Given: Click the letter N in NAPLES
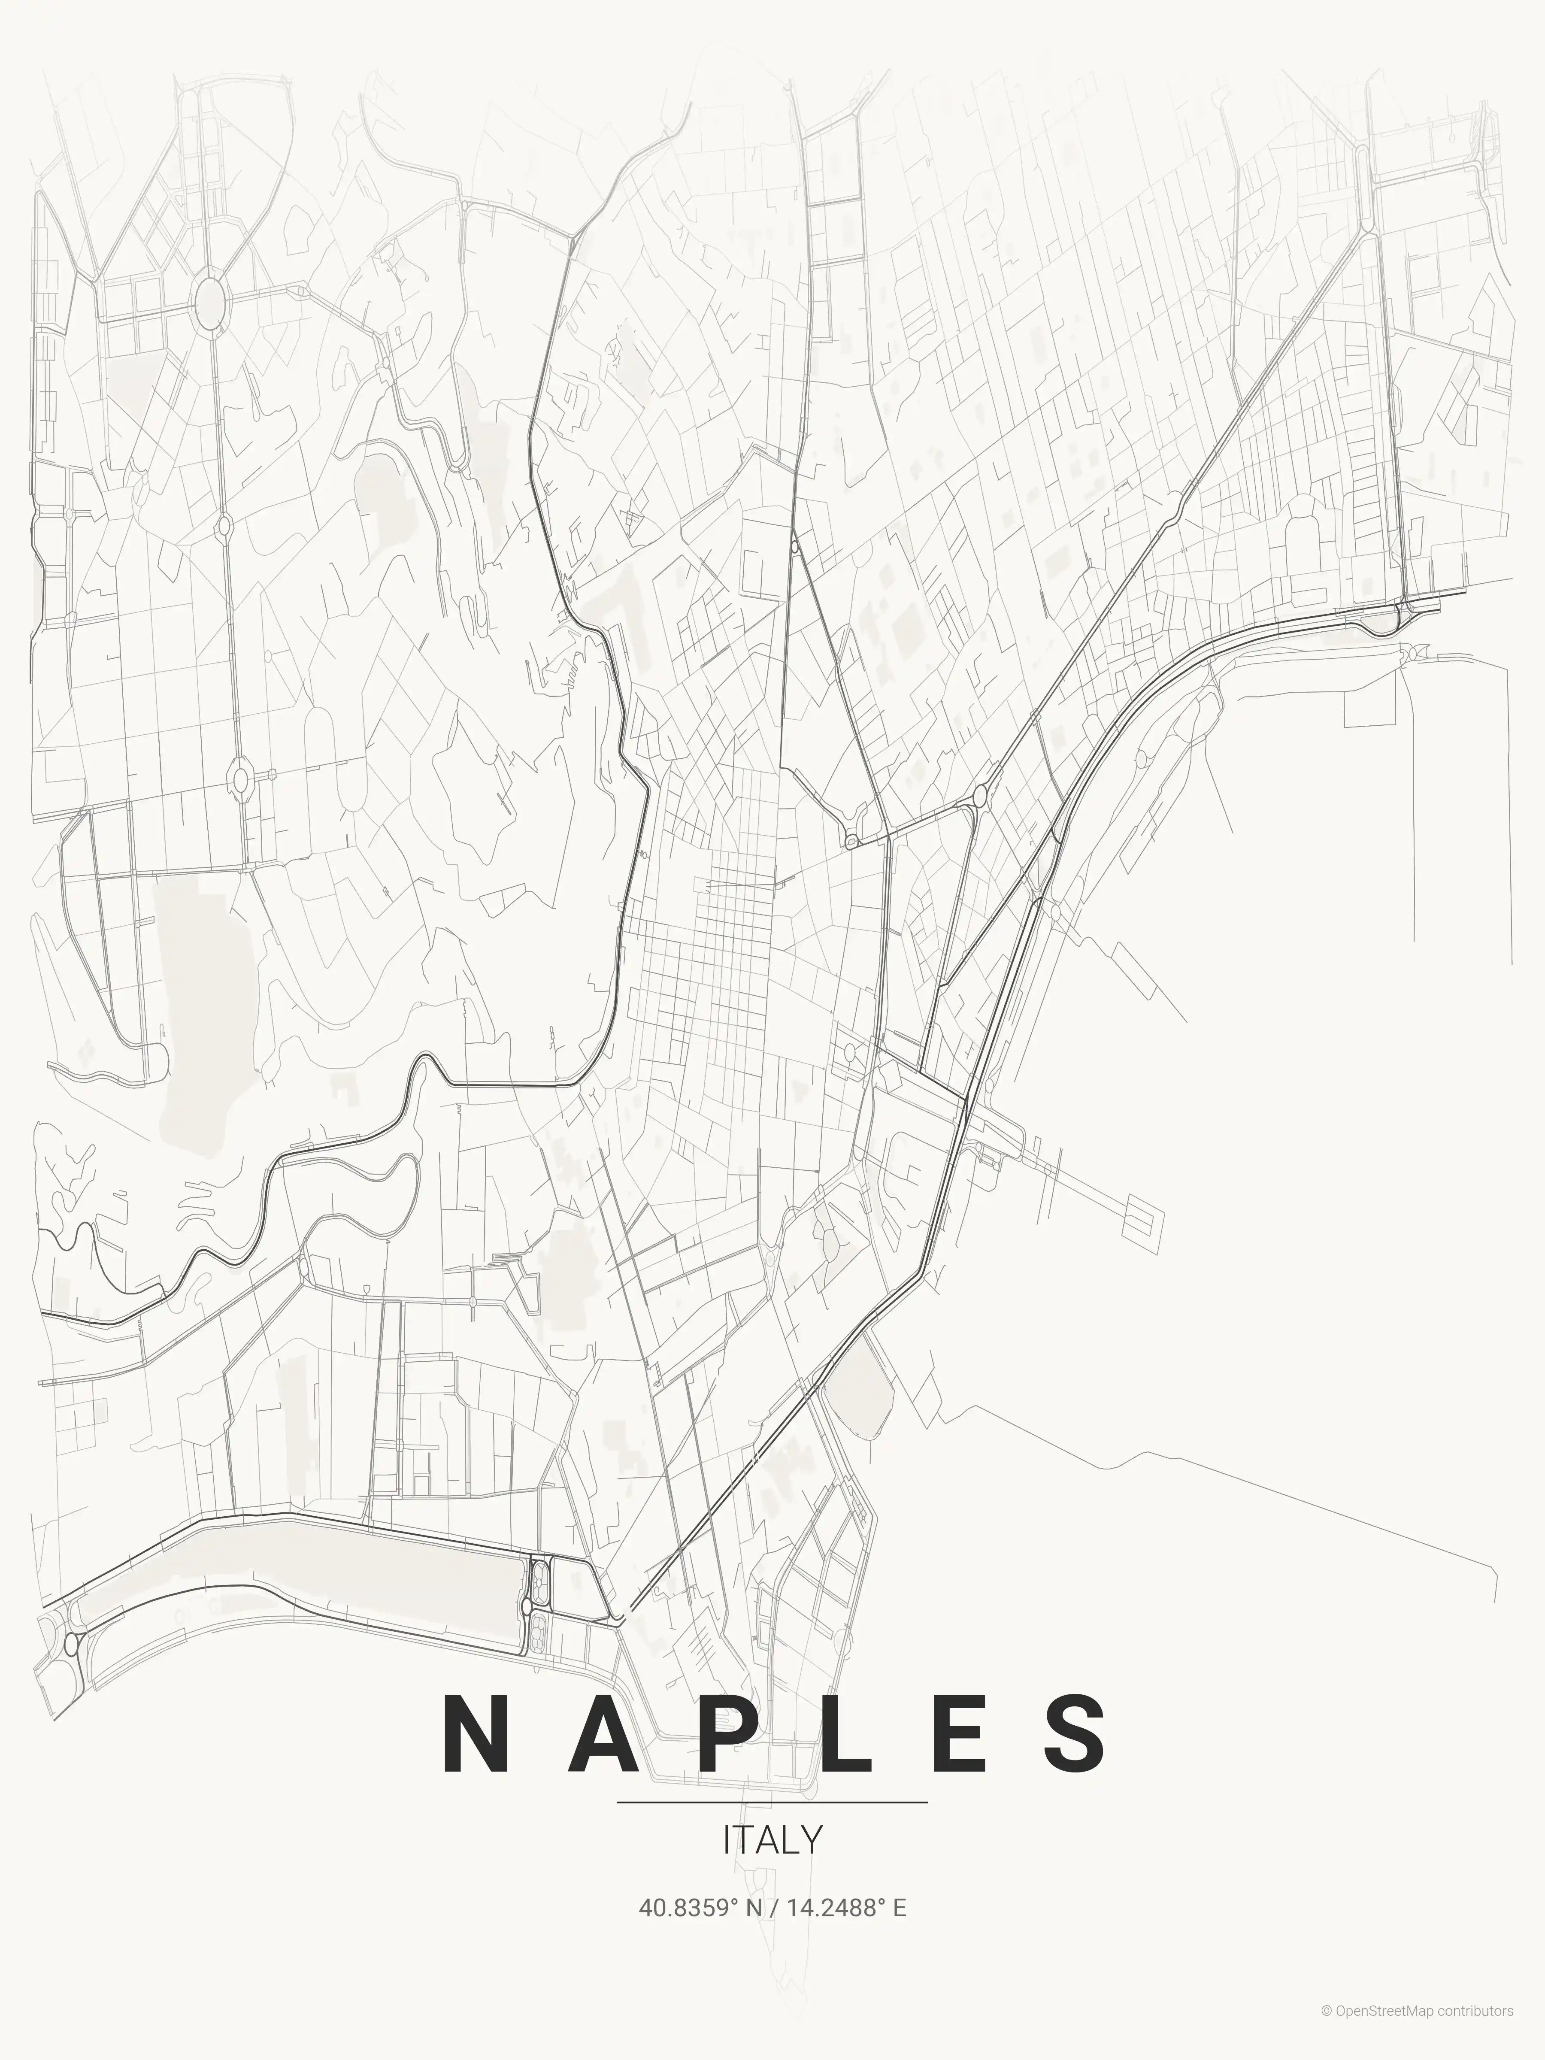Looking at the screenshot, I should [x=476, y=1734].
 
